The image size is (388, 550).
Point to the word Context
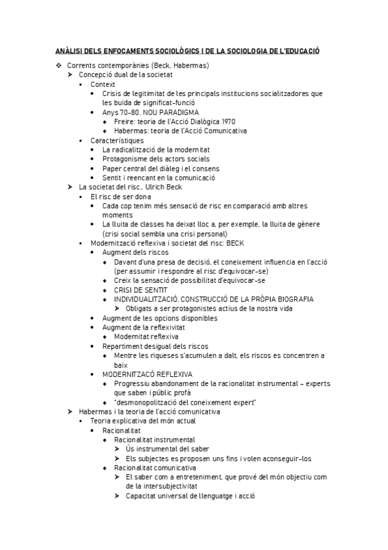tap(103, 84)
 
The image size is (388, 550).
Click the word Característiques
tap(117, 140)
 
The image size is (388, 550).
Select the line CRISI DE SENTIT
tap(141, 289)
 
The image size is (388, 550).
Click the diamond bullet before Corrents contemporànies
tap(58, 66)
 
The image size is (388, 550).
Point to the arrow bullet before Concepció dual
tap(71, 75)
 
